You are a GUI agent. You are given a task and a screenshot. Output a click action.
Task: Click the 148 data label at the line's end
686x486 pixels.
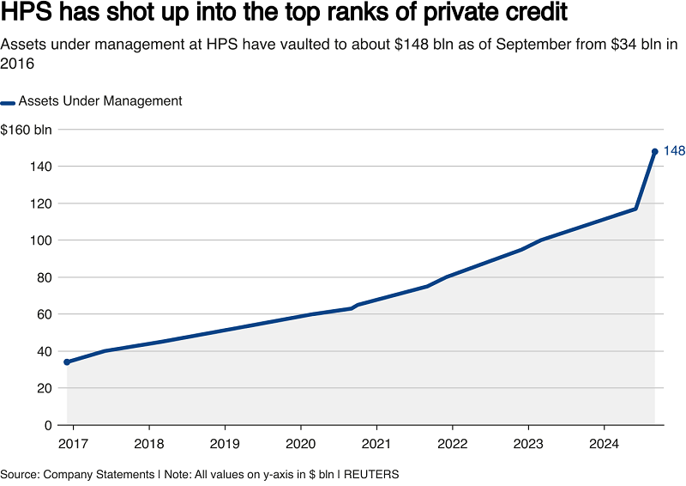coord(674,151)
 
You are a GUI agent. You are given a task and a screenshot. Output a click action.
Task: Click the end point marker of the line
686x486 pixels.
coord(655,151)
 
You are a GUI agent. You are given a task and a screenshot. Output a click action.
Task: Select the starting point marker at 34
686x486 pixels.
coord(67,362)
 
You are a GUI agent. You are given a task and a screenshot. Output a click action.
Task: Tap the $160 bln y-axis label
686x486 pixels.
coord(26,130)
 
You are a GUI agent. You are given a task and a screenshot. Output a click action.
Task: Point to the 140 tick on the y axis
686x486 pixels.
coord(42,167)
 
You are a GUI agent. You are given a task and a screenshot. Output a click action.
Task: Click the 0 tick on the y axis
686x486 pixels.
coord(48,425)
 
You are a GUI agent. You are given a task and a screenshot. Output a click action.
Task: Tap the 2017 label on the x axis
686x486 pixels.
coord(73,445)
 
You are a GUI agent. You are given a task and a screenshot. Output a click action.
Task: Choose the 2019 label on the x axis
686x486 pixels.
coord(225,445)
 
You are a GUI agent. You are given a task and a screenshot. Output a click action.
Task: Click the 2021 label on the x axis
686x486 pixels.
coord(376,445)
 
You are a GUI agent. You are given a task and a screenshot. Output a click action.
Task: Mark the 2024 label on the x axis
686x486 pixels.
coord(604,445)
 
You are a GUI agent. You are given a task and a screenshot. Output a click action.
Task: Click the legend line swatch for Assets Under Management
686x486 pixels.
coord(8,101)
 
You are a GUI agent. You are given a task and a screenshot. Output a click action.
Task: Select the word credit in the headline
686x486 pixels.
coord(537,15)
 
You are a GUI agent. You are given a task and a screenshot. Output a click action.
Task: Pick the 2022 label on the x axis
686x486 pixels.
coord(452,445)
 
